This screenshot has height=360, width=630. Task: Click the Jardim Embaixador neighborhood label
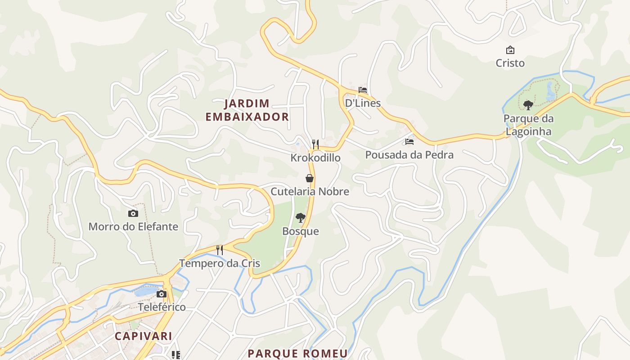247,110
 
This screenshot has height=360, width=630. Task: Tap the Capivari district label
143,336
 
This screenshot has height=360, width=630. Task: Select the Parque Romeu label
297,353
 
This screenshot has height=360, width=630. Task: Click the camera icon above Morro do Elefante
133,214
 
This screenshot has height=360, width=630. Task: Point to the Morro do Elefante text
133,226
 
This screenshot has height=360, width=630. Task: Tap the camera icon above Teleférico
162,294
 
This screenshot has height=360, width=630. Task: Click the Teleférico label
162,307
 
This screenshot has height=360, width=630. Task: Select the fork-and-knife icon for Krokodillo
315,144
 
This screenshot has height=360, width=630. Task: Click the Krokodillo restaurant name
315,158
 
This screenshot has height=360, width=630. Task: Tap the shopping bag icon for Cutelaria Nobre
310,178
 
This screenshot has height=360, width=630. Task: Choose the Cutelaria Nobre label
310,191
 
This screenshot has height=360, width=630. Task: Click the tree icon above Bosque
300,218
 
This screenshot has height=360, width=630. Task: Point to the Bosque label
300,231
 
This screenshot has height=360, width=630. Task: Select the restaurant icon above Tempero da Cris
220,250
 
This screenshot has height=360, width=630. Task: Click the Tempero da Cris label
220,263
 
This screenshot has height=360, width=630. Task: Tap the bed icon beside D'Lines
363,90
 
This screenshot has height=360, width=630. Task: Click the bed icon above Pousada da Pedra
409,142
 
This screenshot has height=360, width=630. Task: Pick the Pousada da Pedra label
409,155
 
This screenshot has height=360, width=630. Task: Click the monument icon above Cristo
510,50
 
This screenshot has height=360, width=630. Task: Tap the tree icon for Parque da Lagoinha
528,105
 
